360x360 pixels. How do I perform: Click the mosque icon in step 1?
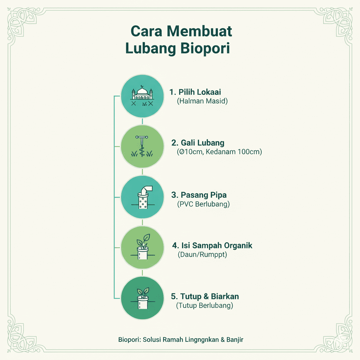(142, 96)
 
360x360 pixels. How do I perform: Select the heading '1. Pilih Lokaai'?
(195, 92)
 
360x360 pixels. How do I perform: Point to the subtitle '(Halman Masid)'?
(202, 101)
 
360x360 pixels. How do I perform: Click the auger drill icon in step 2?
(142, 147)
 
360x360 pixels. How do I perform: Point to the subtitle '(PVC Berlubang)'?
(204, 204)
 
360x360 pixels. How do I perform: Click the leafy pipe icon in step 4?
(142, 248)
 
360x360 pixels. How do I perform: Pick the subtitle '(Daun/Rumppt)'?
(202, 254)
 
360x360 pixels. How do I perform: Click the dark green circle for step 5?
(142, 298)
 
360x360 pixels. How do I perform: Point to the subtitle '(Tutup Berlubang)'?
(205, 305)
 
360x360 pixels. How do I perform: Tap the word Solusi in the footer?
(154, 340)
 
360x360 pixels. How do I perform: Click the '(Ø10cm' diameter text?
(188, 152)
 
